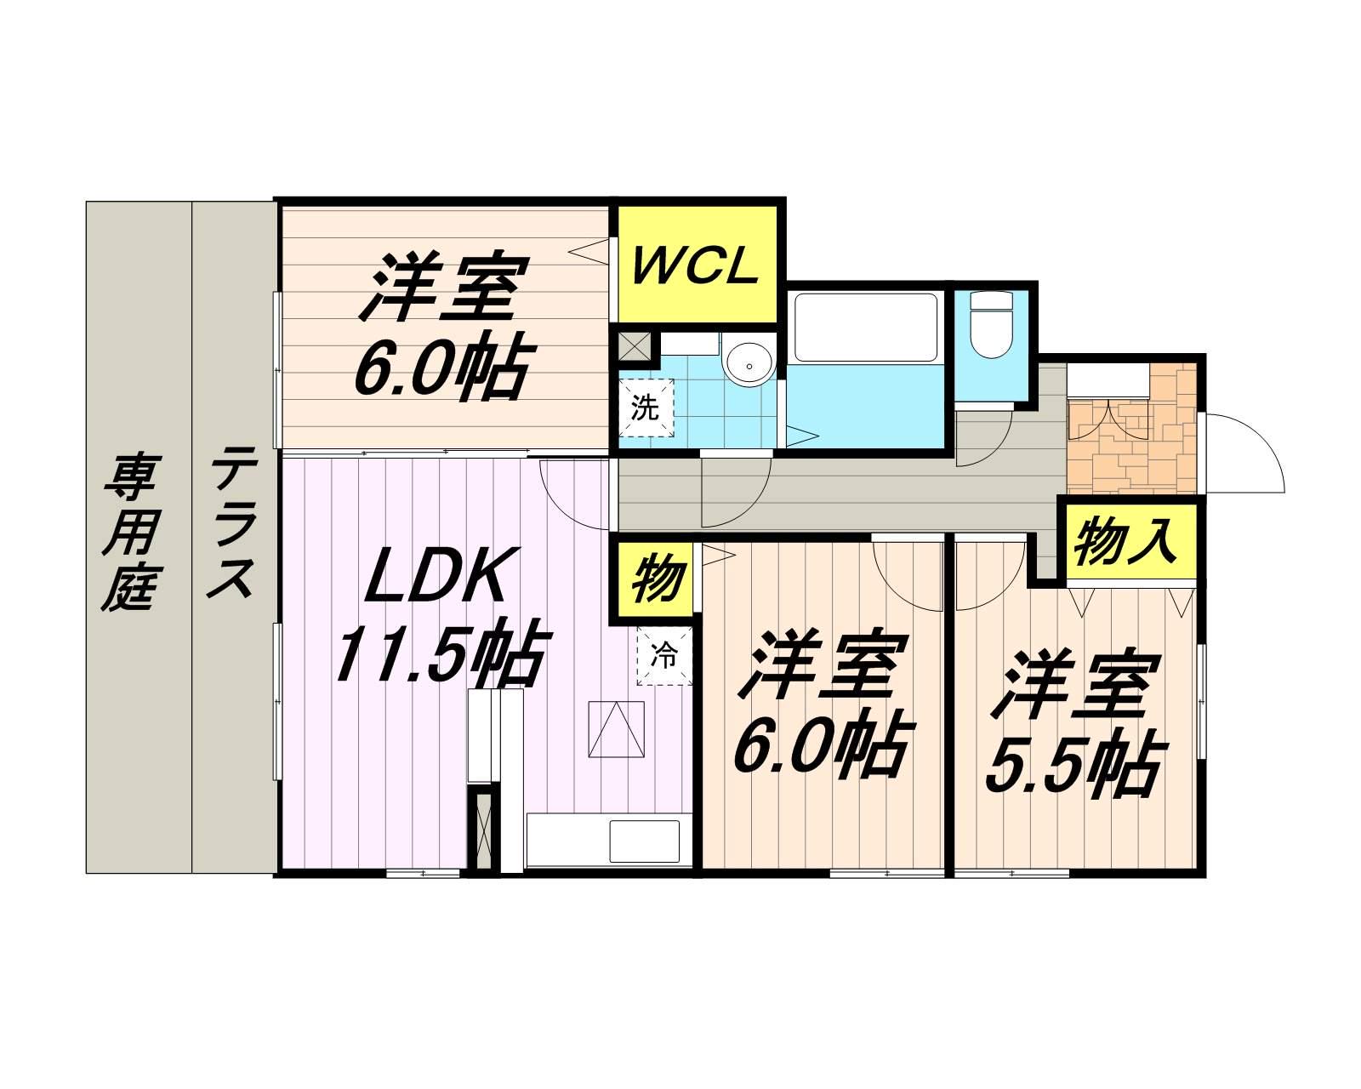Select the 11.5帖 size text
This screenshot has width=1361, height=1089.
[x=439, y=657]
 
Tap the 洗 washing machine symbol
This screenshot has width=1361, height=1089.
[x=646, y=408]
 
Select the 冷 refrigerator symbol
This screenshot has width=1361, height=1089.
[x=665, y=656]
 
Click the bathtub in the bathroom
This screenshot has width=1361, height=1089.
[x=864, y=327]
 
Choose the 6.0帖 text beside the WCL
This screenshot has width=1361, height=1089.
[x=439, y=371]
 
